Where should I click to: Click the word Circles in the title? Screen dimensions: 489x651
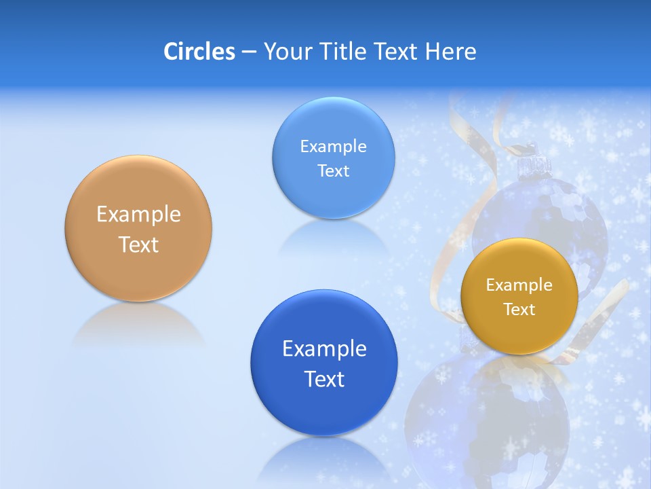(199, 52)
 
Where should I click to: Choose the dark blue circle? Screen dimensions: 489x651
(324, 407)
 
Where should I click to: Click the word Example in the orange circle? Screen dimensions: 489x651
(138, 215)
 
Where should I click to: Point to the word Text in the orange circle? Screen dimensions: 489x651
(138, 244)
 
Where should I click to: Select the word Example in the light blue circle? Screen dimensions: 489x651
(333, 147)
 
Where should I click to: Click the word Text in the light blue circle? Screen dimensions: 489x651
(333, 171)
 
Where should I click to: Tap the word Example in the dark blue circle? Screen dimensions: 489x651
(324, 349)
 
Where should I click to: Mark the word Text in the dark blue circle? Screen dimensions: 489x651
(324, 379)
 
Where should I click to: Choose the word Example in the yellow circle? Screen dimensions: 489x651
(519, 285)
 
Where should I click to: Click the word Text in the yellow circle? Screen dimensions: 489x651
(519, 310)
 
